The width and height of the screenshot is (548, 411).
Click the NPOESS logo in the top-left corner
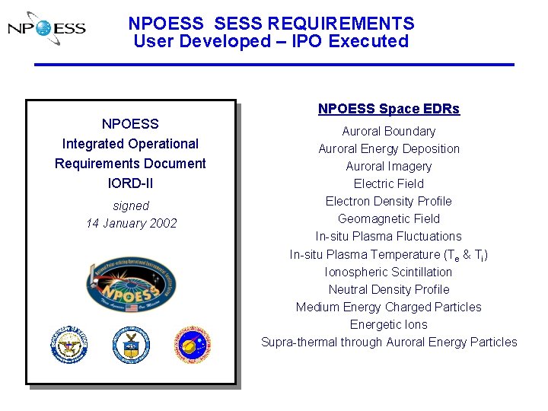pos(46,29)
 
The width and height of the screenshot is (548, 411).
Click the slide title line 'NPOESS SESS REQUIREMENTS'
pos(271,24)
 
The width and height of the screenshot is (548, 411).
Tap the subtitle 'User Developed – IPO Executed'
pos(271,42)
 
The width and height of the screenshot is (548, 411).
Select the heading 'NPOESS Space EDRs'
pos(388,109)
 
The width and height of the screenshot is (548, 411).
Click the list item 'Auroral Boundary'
pos(388,132)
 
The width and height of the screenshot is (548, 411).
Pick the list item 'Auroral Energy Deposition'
pos(388,149)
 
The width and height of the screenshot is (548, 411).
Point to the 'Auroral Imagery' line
pos(388,167)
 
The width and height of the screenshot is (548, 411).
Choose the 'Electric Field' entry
pos(388,184)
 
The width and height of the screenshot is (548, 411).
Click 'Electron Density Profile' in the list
pos(388,202)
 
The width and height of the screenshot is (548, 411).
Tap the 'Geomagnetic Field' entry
pos(388,219)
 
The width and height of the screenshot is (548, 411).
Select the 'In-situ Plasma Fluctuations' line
pos(388,237)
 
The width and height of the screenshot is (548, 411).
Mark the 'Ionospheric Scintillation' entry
pos(388,272)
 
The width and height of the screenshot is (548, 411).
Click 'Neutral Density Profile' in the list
pos(388,290)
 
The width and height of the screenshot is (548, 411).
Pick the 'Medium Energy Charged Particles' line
pos(388,307)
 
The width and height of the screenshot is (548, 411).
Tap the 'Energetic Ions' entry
pos(388,325)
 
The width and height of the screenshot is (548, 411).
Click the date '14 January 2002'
pos(131,224)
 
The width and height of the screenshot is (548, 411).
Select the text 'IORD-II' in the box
pos(130,183)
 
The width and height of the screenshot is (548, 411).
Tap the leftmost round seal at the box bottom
pos(69,344)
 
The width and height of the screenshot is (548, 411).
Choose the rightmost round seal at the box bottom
pos(192,345)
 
